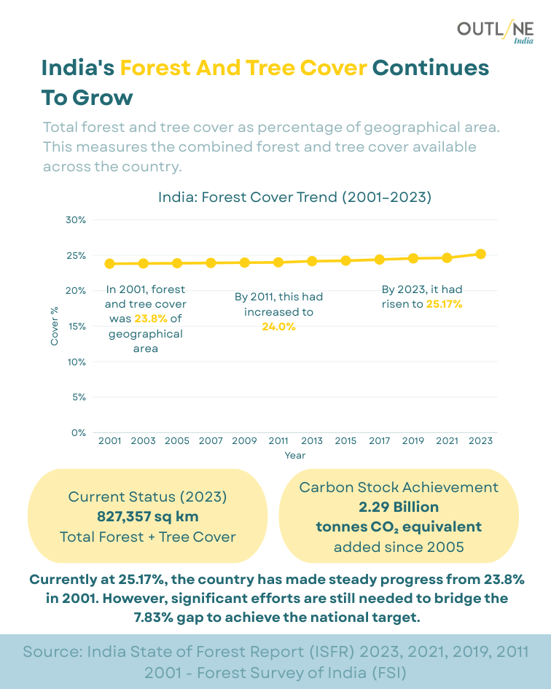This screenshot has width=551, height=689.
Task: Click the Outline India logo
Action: [495, 31]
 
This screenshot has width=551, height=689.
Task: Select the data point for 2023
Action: [480, 254]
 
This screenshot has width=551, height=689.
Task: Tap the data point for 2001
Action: [109, 263]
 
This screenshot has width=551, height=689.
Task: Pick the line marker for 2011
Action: [278, 262]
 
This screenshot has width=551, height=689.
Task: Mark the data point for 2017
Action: [379, 259]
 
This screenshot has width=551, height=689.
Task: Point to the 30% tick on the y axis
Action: [77, 219]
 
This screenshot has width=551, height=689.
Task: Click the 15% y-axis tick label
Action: [77, 326]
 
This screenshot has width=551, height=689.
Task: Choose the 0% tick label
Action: [79, 432]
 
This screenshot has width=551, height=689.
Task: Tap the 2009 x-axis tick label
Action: [244, 441]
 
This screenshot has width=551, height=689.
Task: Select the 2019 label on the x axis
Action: [413, 441]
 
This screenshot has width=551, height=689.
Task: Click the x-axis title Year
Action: [295, 456]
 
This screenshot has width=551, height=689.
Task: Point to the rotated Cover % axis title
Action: [55, 326]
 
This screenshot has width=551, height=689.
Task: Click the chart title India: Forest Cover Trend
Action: [295, 197]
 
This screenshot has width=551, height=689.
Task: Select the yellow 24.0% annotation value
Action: [278, 327]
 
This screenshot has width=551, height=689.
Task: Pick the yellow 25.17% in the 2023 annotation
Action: [444, 304]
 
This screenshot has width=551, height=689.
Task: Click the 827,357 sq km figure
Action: [148, 517]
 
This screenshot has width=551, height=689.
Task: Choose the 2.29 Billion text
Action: [399, 507]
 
